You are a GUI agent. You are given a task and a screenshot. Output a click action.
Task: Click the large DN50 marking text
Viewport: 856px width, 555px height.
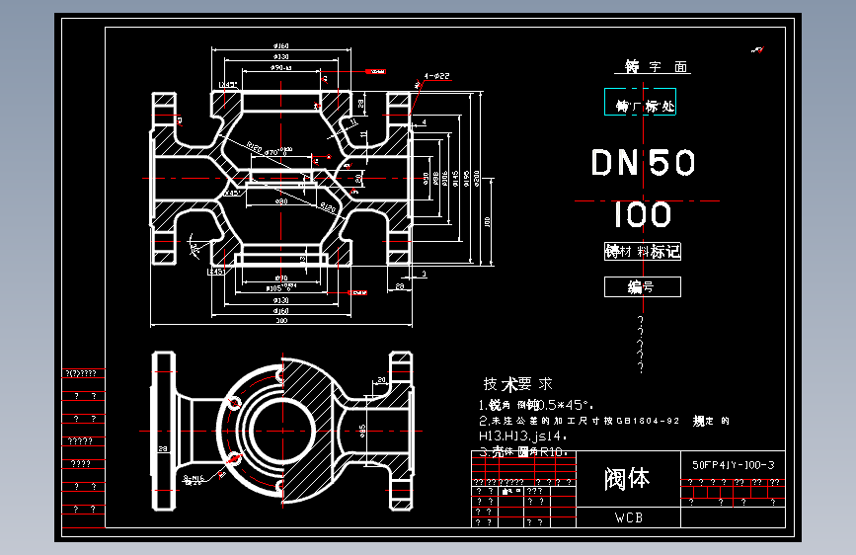coord(644,163)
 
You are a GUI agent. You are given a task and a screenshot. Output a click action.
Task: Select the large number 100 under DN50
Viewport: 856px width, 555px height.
coord(642,214)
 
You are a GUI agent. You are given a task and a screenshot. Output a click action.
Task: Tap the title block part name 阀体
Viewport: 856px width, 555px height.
coord(628,480)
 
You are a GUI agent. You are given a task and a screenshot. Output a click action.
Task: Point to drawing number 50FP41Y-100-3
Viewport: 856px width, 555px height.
coord(734,464)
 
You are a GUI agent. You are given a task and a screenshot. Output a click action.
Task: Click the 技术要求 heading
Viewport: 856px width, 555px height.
coord(517,384)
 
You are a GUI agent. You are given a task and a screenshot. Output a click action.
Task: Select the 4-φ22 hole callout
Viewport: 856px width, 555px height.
coord(436,76)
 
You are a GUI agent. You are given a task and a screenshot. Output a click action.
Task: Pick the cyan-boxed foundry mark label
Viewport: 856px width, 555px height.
coord(642,104)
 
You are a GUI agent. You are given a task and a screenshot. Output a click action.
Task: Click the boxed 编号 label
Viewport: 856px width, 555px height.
coord(642,287)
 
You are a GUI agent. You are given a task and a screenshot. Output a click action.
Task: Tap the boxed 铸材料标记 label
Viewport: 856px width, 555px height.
coord(642,252)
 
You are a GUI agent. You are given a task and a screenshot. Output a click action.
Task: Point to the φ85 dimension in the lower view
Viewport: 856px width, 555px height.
coord(364,431)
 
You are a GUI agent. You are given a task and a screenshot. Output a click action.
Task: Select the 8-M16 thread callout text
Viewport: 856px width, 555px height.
coord(198,478)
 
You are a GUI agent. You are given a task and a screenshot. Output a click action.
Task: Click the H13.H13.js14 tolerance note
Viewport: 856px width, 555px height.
coord(523,435)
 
